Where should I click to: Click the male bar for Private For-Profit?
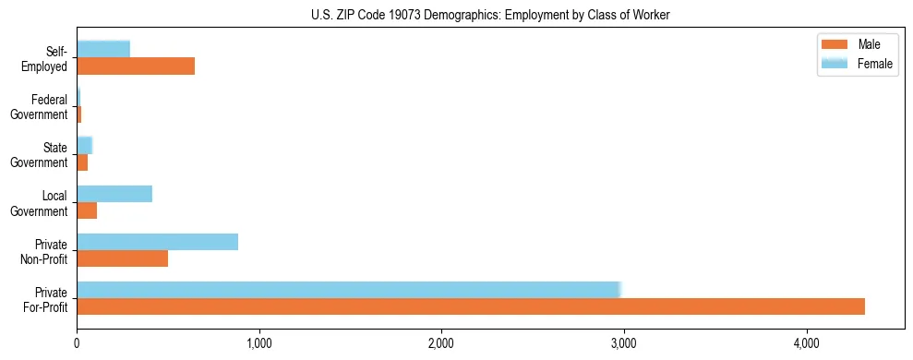(471, 306)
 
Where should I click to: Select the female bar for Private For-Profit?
(349, 289)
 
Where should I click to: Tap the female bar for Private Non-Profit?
(157, 242)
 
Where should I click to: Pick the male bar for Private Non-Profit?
(122, 258)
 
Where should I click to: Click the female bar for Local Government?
(114, 194)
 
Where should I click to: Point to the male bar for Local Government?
(87, 210)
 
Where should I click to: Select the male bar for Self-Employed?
(136, 66)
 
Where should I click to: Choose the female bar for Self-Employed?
(103, 49)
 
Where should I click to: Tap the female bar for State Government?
(84, 145)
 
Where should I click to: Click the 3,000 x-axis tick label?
(624, 343)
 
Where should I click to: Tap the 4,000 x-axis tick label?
(807, 343)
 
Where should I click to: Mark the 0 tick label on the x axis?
(78, 343)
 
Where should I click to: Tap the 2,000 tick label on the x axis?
(442, 343)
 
